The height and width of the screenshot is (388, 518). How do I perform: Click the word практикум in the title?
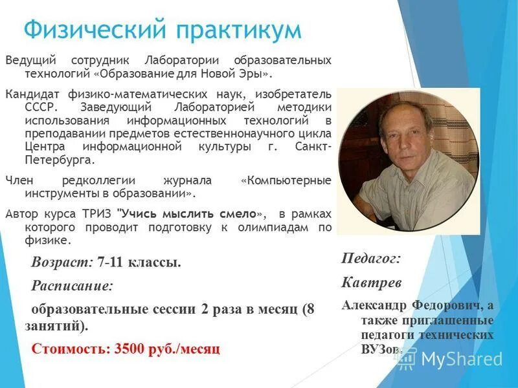232,30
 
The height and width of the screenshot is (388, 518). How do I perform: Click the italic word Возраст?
62,263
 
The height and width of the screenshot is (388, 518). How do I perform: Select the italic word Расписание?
71,285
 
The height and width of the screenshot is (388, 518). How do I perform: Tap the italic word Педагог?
370,259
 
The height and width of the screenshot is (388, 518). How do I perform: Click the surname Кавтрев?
372,283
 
